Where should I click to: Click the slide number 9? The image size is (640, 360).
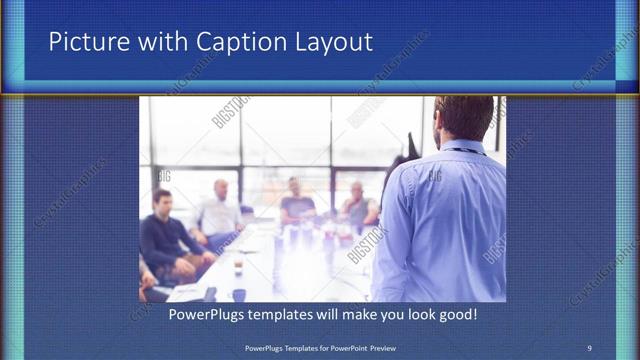[589, 347]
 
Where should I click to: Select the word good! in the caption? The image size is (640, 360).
[455, 314]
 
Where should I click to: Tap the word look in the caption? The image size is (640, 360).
[415, 314]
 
